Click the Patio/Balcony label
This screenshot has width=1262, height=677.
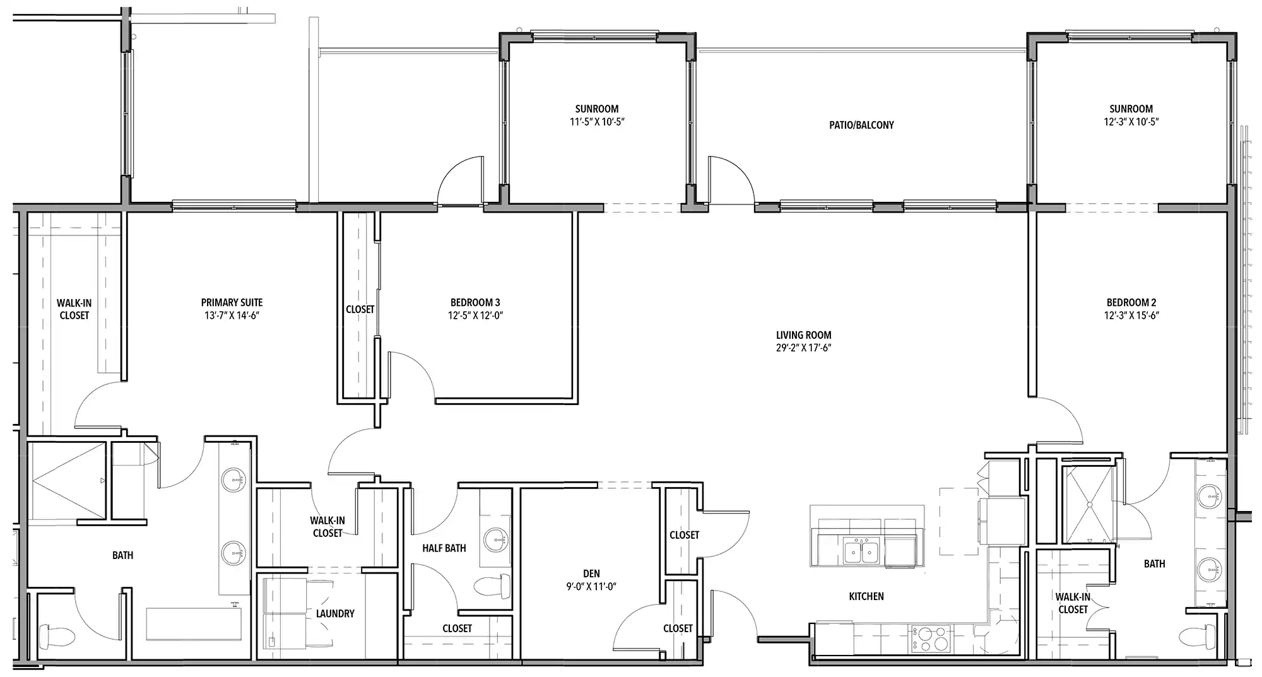click(861, 125)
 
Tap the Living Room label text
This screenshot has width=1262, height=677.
click(803, 335)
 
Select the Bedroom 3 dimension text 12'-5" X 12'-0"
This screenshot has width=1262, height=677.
click(475, 315)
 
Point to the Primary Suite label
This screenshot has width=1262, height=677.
click(232, 303)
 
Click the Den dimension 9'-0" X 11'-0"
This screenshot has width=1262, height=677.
click(591, 586)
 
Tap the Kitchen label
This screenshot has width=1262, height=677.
click(866, 596)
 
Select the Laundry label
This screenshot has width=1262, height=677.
click(335, 613)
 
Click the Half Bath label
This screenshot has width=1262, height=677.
click(444, 548)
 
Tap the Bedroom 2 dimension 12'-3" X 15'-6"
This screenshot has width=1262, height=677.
click(1131, 315)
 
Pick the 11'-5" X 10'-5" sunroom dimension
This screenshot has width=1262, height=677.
click(597, 122)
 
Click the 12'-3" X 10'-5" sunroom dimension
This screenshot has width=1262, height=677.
click(1131, 122)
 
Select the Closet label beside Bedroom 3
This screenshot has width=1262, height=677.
click(360, 310)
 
